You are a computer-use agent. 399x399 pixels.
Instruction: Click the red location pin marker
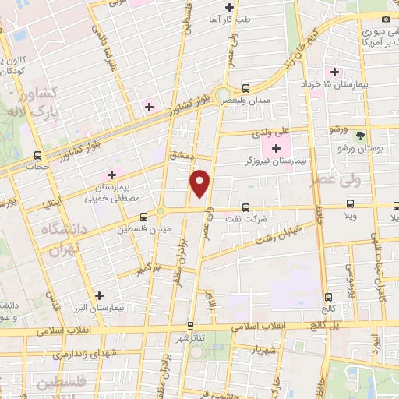point(200,182)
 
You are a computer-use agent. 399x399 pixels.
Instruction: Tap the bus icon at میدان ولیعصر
point(246,88)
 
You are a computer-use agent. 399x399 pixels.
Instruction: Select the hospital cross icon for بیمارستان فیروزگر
point(275,147)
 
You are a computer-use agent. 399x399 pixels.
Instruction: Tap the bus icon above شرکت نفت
point(246,207)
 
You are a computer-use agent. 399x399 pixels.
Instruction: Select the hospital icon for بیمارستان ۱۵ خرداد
point(334,72)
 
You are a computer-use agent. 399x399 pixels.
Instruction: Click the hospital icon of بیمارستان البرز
point(100,295)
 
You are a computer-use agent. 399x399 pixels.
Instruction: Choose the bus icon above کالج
point(327,297)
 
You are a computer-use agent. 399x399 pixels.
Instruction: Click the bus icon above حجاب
point(38,155)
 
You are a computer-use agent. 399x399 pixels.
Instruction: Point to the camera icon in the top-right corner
point(386,19)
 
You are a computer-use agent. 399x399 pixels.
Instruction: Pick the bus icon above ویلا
point(350,207)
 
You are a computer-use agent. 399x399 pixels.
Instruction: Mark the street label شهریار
point(265,348)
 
